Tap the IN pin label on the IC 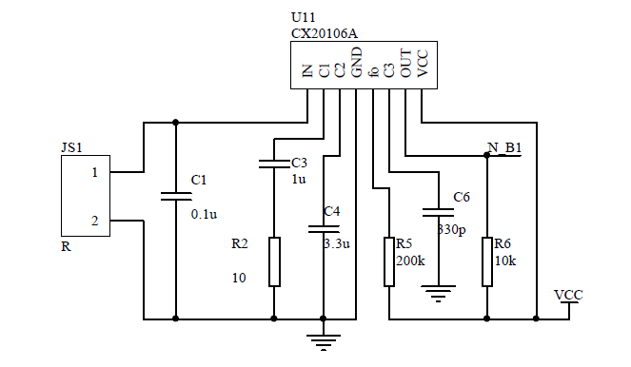point(307,70)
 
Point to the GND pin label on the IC point(356,66)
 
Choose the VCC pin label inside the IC point(423,66)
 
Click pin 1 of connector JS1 point(94,172)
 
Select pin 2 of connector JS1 point(94,221)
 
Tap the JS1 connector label point(71,147)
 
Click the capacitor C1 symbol point(176,197)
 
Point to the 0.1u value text point(205,214)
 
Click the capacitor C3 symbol point(274,164)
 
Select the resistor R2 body point(274,261)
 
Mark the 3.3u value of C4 point(338,243)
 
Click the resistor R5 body point(388,261)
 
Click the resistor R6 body point(487,261)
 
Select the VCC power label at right point(568,295)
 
